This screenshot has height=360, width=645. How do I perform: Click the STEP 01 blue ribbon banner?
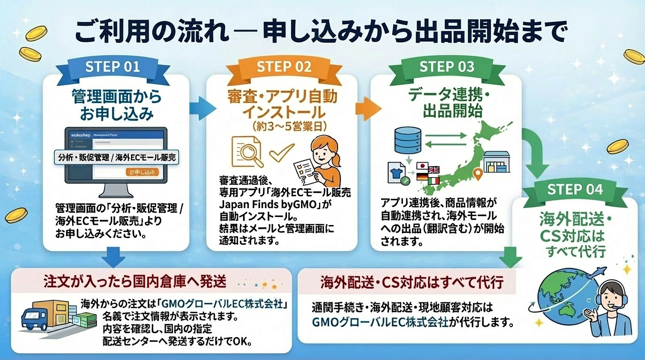click(112, 67)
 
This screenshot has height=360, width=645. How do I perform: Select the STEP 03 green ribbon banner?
click(447, 67)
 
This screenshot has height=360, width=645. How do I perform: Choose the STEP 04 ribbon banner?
click(575, 190)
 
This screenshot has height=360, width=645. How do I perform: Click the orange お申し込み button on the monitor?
click(142, 172)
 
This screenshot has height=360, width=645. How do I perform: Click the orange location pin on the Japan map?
click(478, 174)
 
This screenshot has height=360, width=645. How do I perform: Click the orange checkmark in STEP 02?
click(281, 151)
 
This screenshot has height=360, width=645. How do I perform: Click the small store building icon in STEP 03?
click(496, 162)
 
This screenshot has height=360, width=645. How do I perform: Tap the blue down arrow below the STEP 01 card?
click(113, 257)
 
